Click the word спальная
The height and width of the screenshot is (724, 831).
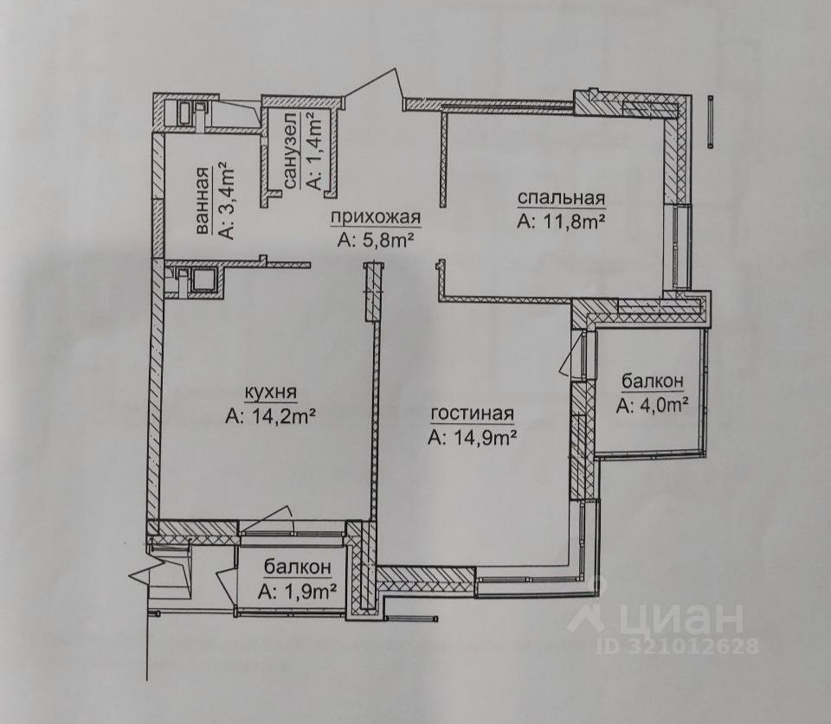(560, 199)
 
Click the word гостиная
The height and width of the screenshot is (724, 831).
(472, 413)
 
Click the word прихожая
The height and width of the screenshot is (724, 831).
(379, 219)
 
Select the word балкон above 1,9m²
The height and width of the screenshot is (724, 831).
(297, 567)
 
